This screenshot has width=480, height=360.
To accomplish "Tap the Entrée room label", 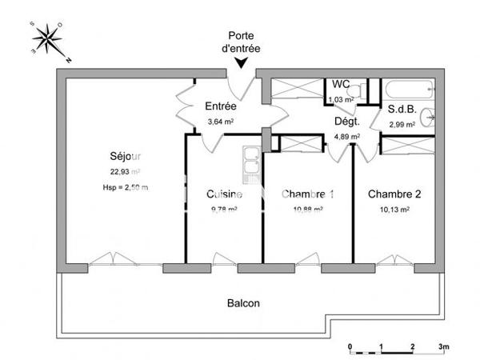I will [220, 106].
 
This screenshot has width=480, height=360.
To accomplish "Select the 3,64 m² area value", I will [220, 122].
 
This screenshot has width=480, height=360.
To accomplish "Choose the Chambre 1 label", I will [307, 194].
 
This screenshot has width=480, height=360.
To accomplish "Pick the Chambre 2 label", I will [394, 194].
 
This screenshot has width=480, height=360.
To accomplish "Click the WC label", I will [341, 84].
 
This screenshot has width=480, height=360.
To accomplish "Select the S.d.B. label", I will [401, 110].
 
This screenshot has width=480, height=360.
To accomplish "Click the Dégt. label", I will [346, 122].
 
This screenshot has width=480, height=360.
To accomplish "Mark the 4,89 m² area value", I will [346, 136].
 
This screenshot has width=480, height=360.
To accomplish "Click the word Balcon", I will [243, 303].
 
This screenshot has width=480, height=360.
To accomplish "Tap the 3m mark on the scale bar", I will [444, 346].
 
